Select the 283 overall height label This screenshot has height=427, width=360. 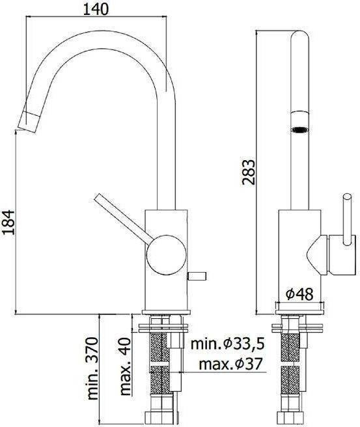(x=249, y=172)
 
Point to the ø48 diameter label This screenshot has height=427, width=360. (x=300, y=294)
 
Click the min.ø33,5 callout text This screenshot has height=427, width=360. (x=227, y=344)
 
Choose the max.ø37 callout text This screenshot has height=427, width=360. (x=230, y=364)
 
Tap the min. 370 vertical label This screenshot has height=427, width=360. (x=92, y=368)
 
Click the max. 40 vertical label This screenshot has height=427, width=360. (x=125, y=366)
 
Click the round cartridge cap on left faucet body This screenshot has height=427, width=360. (x=167, y=255)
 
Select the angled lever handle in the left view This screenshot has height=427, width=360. (x=123, y=217)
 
